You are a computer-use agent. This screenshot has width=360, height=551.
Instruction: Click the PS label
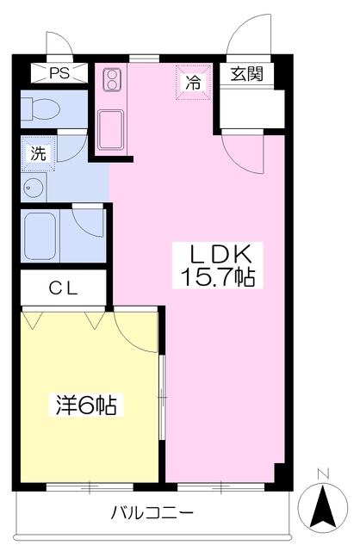click(x=59, y=73)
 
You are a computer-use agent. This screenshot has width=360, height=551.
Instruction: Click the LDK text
click(x=220, y=254)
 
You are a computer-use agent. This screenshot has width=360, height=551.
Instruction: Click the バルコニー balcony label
click(x=152, y=514)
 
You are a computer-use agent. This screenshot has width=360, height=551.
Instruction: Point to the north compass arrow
click(x=324, y=505)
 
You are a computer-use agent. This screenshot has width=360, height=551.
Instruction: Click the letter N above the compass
click(x=324, y=473)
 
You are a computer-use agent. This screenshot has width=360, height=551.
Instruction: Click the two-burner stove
click(x=113, y=81)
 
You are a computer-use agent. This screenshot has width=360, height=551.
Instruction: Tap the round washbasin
click(x=35, y=188)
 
